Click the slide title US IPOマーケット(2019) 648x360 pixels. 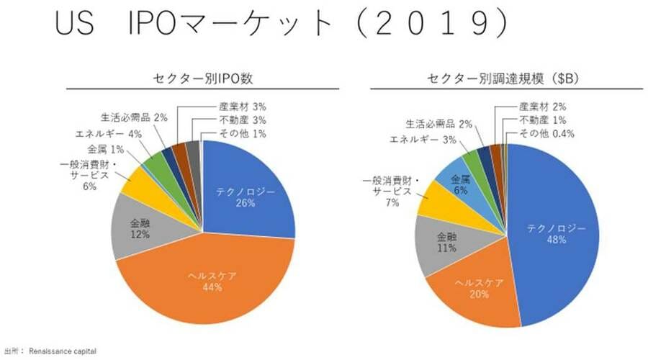pos(281,24)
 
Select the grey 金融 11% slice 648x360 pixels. pos(441,245)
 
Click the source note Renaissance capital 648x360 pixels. pos(62,351)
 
